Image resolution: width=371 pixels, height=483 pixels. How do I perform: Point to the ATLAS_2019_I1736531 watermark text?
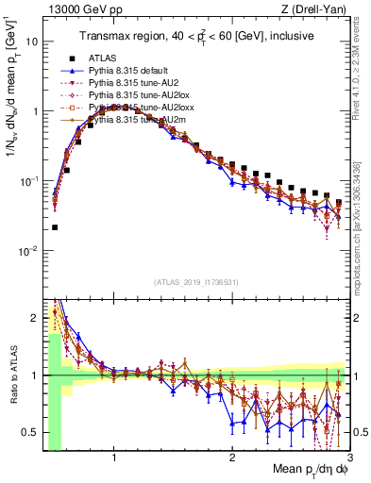click(x=195, y=283)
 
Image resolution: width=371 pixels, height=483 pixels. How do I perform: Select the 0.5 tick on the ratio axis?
click(x=30, y=431)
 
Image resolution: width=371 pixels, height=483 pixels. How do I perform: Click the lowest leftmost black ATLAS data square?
click(x=55, y=227)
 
